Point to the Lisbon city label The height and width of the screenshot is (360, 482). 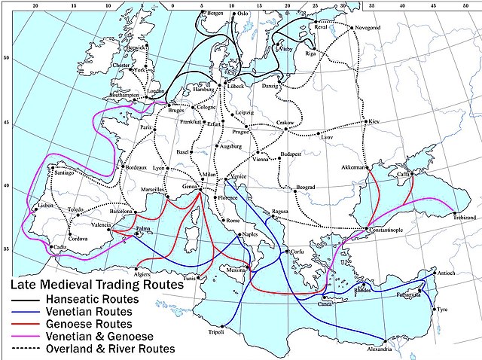[46, 206]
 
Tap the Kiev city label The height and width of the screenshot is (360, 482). [374, 121]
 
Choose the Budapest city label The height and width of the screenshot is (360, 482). [291, 154]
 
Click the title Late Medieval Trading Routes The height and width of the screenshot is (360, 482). [96, 286]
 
